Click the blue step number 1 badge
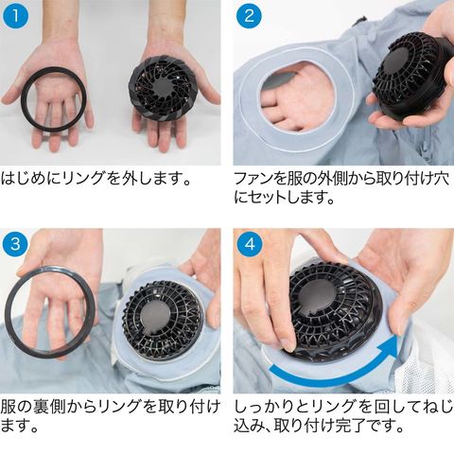click(x=15, y=16)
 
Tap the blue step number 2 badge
click(x=249, y=16)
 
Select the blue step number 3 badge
click(x=15, y=244)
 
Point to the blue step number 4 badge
click(x=250, y=244)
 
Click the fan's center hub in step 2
click(x=398, y=60)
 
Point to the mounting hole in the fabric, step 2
click(x=296, y=96)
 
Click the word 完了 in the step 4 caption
click(x=353, y=426)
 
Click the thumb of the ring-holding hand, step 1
click(x=12, y=94)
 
